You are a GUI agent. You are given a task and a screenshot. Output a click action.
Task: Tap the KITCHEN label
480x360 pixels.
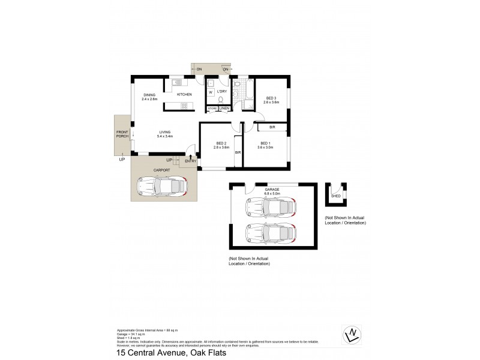pyautogui.click(x=184, y=95)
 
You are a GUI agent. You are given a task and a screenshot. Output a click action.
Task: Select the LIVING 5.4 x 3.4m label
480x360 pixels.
pyautogui.click(x=166, y=134)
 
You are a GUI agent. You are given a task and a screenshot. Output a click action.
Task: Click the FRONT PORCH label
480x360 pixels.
pyautogui.click(x=122, y=134)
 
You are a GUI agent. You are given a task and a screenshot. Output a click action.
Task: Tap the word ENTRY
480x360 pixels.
pyautogui.click(x=191, y=161)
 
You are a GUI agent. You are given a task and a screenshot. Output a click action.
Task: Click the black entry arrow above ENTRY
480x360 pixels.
pyautogui.click(x=191, y=156)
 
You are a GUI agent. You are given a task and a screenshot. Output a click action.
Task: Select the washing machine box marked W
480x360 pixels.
pyautogui.click(x=211, y=93)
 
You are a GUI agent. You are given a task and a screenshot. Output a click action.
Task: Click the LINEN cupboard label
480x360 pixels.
pyautogui.click(x=224, y=109)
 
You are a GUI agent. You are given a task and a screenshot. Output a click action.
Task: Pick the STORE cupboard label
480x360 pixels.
pyautogui.click(x=212, y=109)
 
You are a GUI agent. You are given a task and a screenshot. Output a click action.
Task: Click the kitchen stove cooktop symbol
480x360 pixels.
pyautogui.click(x=184, y=107)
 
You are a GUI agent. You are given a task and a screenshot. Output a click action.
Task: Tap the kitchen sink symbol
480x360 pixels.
pyautogui.click(x=178, y=82)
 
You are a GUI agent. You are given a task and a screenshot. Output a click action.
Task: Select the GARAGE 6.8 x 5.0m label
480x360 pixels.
pyautogui.click(x=269, y=191)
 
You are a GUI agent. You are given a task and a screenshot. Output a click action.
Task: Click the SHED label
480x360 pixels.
pyautogui.click(x=336, y=195)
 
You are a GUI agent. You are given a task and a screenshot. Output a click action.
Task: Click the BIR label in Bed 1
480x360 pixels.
pyautogui.click(x=272, y=127)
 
